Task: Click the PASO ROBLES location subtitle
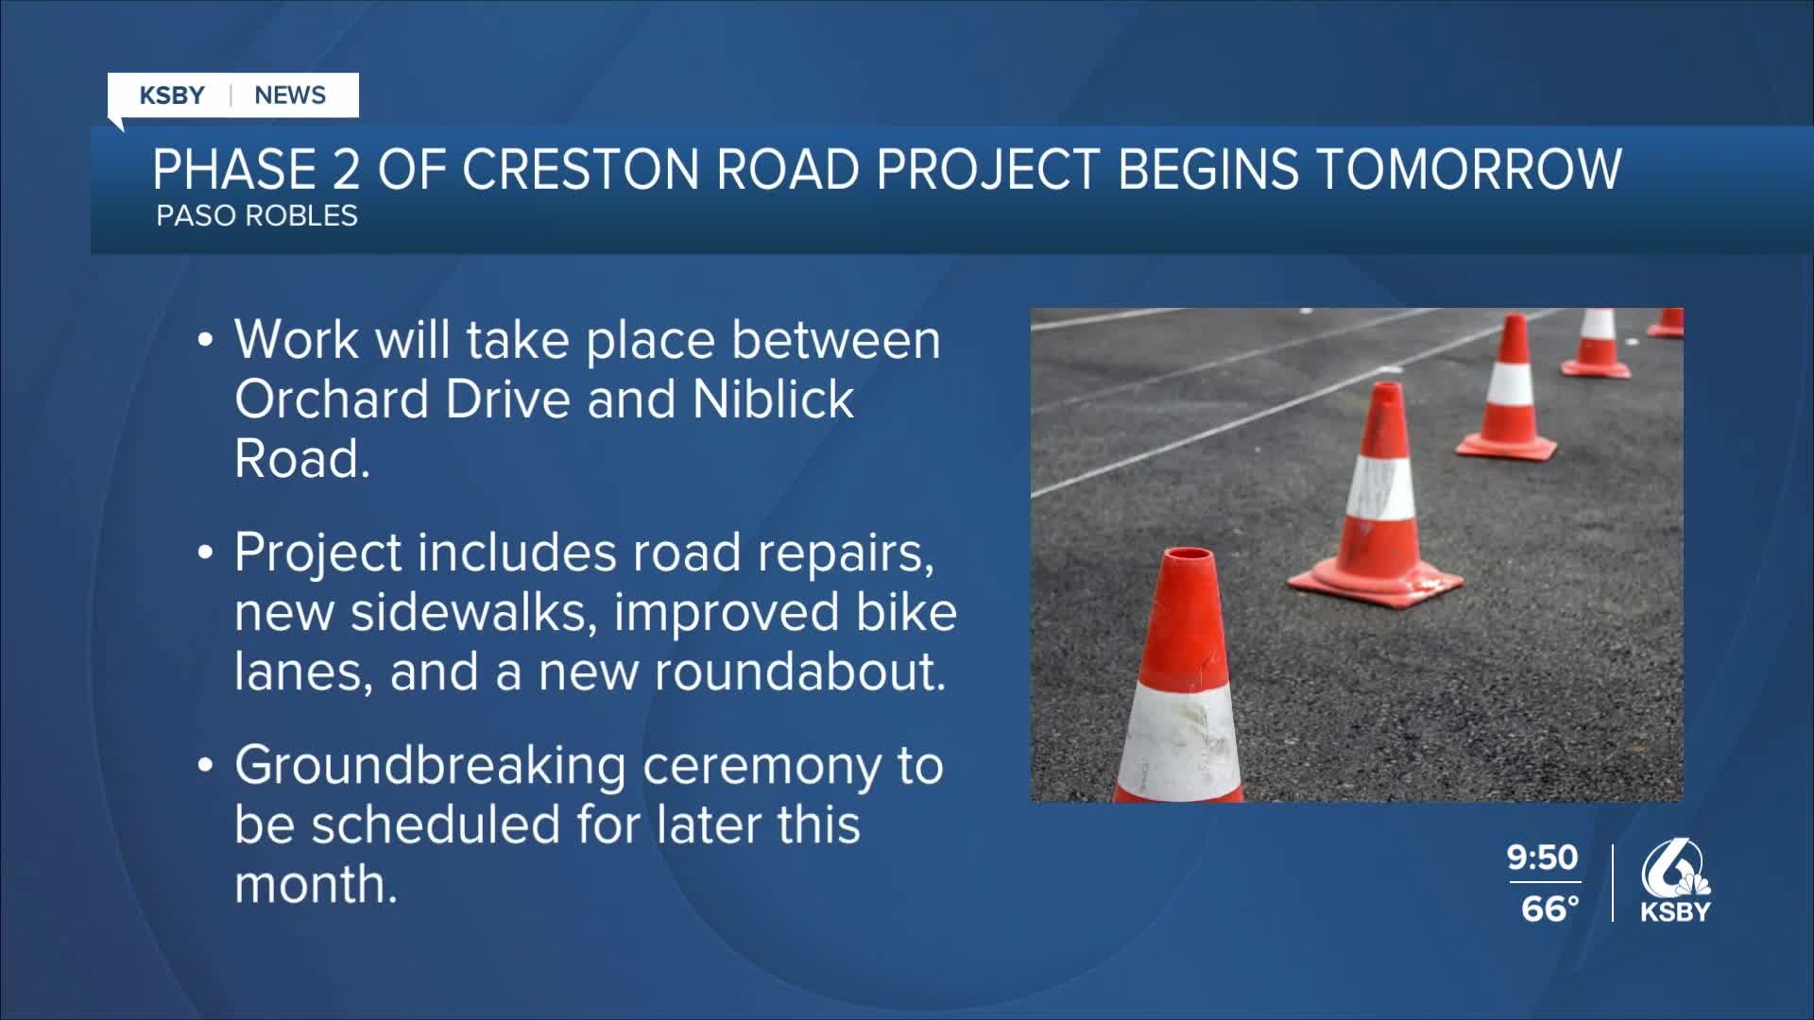[257, 216]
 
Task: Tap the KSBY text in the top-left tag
[172, 95]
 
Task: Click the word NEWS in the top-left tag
[290, 95]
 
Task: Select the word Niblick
[774, 399]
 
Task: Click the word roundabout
[799, 671]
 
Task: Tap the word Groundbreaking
[430, 766]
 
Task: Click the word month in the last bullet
[316, 885]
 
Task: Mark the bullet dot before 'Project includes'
[205, 554]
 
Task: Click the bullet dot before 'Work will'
[205, 341]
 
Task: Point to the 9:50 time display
[1543, 858]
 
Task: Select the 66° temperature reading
[1549, 909]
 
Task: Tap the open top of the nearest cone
[1188, 555]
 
